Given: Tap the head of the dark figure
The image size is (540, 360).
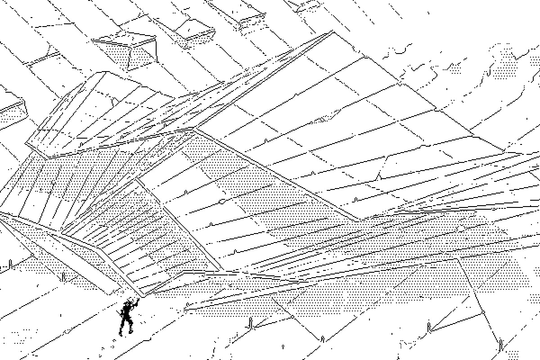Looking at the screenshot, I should [129, 304].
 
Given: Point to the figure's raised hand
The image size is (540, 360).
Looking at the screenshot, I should [137, 300].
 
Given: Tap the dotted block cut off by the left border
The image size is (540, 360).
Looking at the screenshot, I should [11, 112].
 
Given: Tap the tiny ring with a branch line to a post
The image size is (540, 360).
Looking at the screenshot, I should [483, 312].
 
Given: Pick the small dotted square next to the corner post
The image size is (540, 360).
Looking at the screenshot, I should [513, 354].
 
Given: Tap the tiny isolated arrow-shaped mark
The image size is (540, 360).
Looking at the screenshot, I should [283, 346].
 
